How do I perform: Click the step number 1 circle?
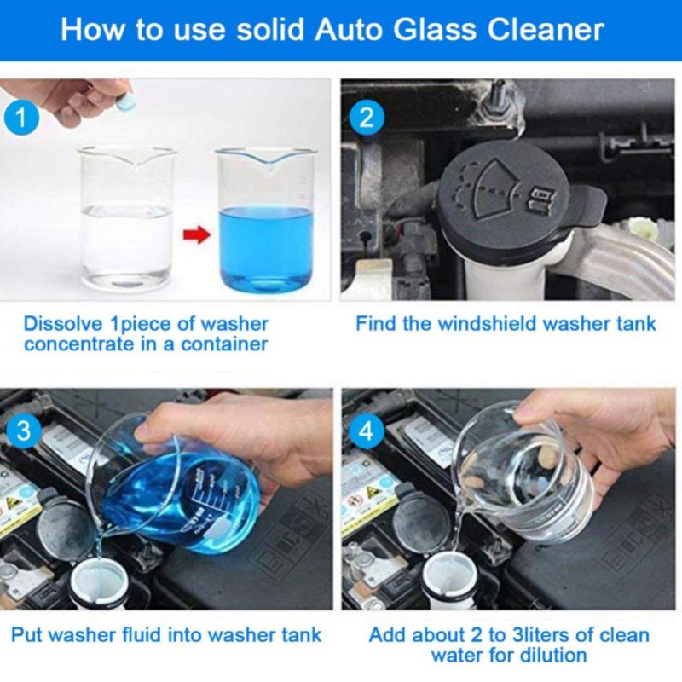click(21, 118)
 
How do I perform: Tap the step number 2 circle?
click(367, 117)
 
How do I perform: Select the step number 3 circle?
click(24, 431)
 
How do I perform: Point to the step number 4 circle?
click(367, 431)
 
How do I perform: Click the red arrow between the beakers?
click(197, 235)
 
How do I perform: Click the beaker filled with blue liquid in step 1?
click(266, 221)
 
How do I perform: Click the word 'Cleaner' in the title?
click(546, 30)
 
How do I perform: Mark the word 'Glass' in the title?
click(436, 30)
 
